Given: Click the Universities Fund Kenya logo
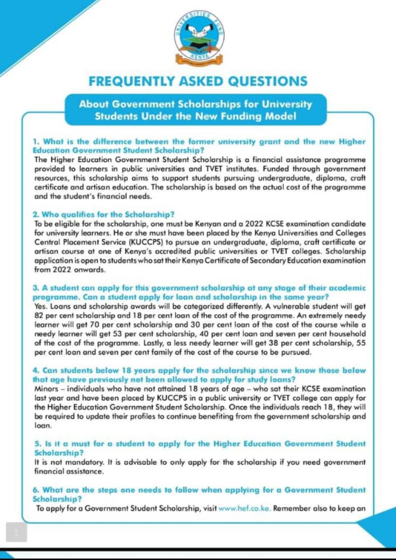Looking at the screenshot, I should (x=199, y=37).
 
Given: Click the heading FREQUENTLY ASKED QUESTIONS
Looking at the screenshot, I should (x=198, y=81).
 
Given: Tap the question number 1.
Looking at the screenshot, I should (x=36, y=142).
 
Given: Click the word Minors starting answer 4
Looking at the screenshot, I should (x=46, y=388).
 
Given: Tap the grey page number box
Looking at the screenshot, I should (x=17, y=532).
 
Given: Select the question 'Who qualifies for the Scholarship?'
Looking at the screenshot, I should (x=104, y=214).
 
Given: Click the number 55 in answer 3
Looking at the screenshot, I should (x=361, y=343).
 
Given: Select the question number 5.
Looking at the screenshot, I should (x=37, y=444).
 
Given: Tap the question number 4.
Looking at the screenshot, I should (x=36, y=370).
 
